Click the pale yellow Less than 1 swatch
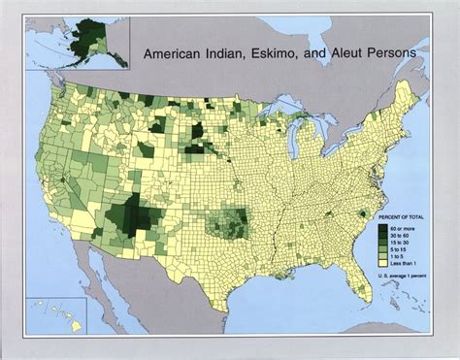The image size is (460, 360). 383,267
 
